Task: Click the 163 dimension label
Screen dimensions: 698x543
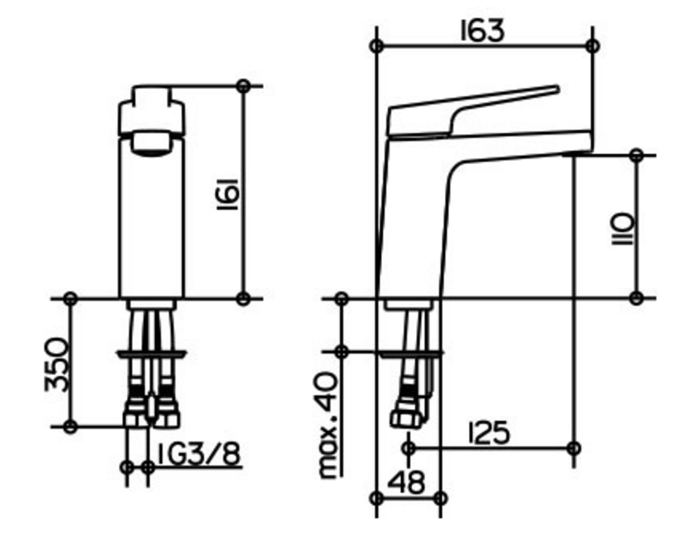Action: click(482, 31)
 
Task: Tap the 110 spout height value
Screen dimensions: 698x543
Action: click(622, 228)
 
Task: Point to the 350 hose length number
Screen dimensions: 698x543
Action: click(57, 365)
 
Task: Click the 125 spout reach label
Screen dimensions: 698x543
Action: click(489, 433)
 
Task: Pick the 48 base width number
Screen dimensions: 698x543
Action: click(406, 482)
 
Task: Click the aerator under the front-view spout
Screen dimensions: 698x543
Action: click(152, 144)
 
